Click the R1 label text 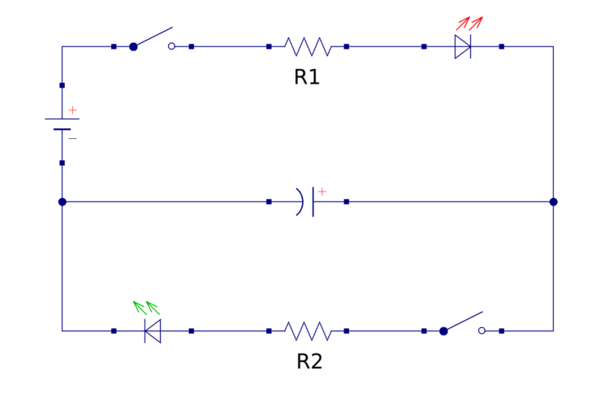click(307, 78)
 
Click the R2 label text click(309, 361)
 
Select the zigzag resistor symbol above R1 click(308, 46)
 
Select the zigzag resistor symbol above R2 click(308, 330)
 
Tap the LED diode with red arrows click(463, 46)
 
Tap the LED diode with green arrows click(153, 330)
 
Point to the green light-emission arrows click(146, 307)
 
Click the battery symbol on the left click(62, 123)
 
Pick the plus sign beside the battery click(72, 110)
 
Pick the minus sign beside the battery click(72, 139)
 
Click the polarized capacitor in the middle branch click(308, 201)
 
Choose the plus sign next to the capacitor click(322, 192)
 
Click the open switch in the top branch click(153, 41)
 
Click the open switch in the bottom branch click(463, 324)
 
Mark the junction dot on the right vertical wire click(553, 201)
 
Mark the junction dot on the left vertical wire click(62, 201)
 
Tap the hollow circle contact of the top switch click(171, 46)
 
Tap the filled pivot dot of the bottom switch click(443, 330)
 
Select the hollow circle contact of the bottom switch click(482, 330)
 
